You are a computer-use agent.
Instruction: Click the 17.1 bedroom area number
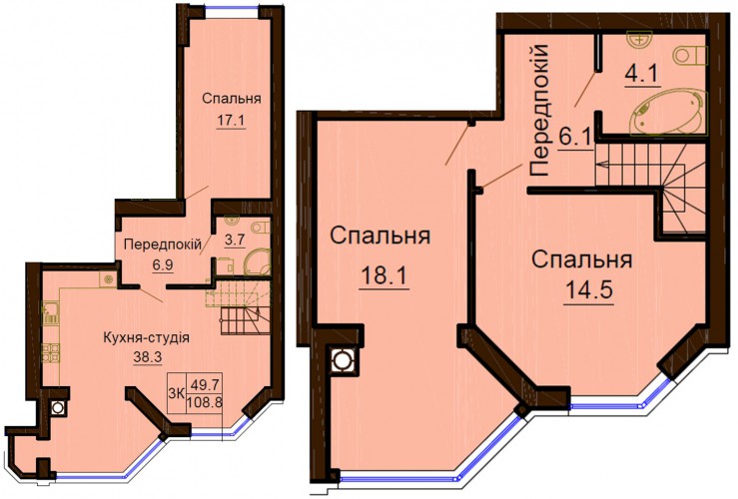231,121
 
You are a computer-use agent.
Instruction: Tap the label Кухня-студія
146,337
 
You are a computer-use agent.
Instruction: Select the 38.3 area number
148,357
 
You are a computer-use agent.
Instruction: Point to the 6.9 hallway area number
163,264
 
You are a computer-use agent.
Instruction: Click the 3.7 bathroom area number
235,241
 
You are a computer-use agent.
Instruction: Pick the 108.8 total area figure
205,403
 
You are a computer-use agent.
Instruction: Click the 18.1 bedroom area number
383,276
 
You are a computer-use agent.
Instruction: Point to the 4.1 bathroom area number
642,74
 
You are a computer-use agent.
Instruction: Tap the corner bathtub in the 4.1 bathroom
669,113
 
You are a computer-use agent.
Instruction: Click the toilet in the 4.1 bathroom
690,56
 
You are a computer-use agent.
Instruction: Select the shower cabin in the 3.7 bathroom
257,262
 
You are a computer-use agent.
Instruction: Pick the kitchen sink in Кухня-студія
49,313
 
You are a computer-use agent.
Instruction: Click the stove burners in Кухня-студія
51,352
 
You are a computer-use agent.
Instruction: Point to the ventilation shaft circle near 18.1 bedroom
341,360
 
